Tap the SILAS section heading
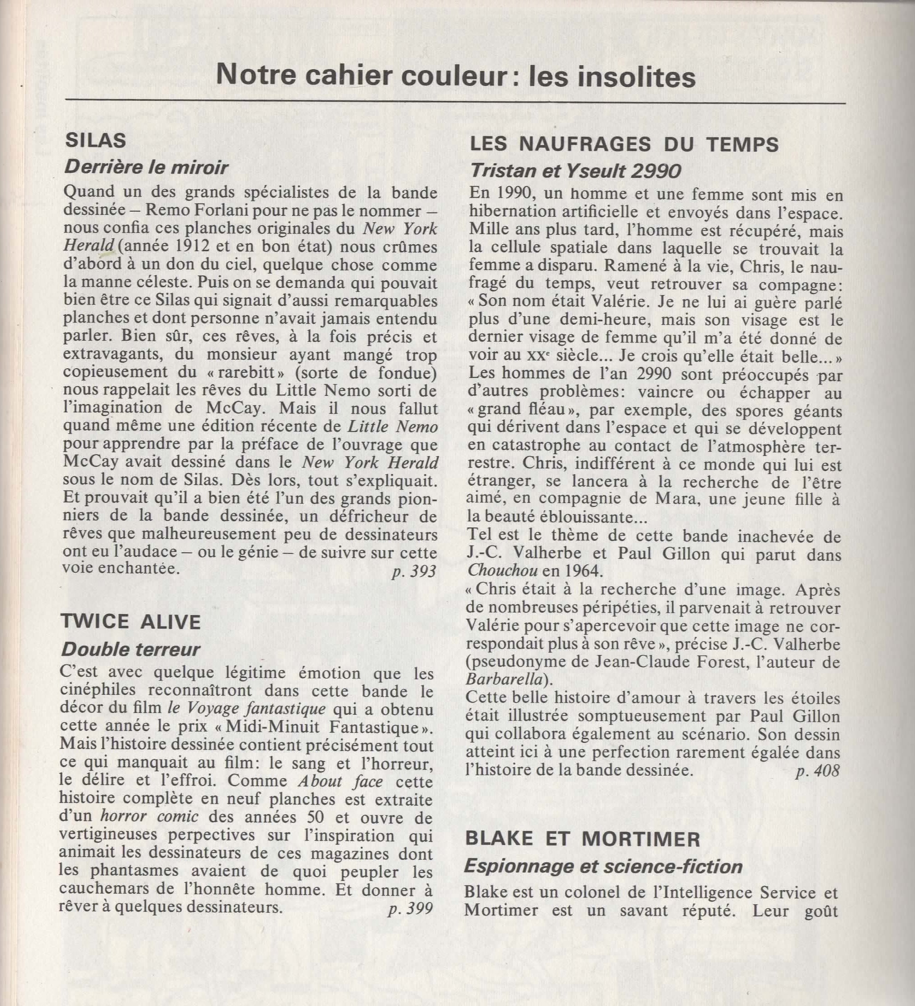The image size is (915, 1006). point(96,141)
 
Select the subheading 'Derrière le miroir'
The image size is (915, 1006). point(146,168)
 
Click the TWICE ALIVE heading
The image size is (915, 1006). point(131,622)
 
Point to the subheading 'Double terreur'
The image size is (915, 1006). point(130,649)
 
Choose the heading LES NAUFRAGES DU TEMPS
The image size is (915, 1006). point(624,145)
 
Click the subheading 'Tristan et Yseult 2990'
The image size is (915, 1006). point(575,171)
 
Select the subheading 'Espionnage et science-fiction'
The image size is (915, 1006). point(604,867)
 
